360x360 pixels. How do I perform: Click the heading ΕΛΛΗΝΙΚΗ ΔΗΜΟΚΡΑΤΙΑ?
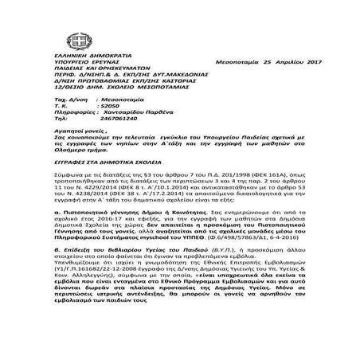(x=71, y=62)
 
